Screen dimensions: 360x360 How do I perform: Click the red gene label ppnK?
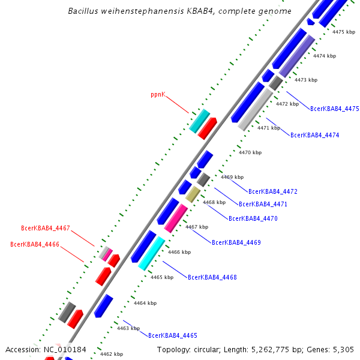click(158, 95)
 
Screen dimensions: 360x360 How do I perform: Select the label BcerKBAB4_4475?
click(334, 109)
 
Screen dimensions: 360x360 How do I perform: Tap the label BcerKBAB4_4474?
click(314, 135)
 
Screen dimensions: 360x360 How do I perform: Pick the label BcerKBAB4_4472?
click(273, 191)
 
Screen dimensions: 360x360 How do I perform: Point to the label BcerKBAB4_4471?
click(263, 204)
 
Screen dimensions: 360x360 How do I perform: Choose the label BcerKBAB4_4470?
click(253, 218)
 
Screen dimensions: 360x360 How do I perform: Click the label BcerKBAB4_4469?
click(236, 242)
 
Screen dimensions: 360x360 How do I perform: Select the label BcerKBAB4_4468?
click(212, 277)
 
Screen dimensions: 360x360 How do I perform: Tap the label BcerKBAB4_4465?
click(172, 335)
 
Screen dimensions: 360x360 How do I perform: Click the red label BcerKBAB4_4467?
click(46, 228)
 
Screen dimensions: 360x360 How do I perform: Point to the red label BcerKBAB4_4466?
click(35, 244)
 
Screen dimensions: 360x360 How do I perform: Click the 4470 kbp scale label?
click(250, 153)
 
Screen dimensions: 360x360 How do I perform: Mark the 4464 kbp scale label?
click(145, 303)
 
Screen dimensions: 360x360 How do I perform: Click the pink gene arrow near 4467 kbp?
click(176, 217)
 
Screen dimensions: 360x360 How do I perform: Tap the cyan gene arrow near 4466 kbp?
click(151, 253)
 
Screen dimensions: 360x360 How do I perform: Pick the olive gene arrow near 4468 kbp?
click(193, 194)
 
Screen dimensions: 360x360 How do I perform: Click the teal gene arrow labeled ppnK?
click(199, 121)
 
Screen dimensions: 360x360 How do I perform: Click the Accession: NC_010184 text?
click(46, 349)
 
